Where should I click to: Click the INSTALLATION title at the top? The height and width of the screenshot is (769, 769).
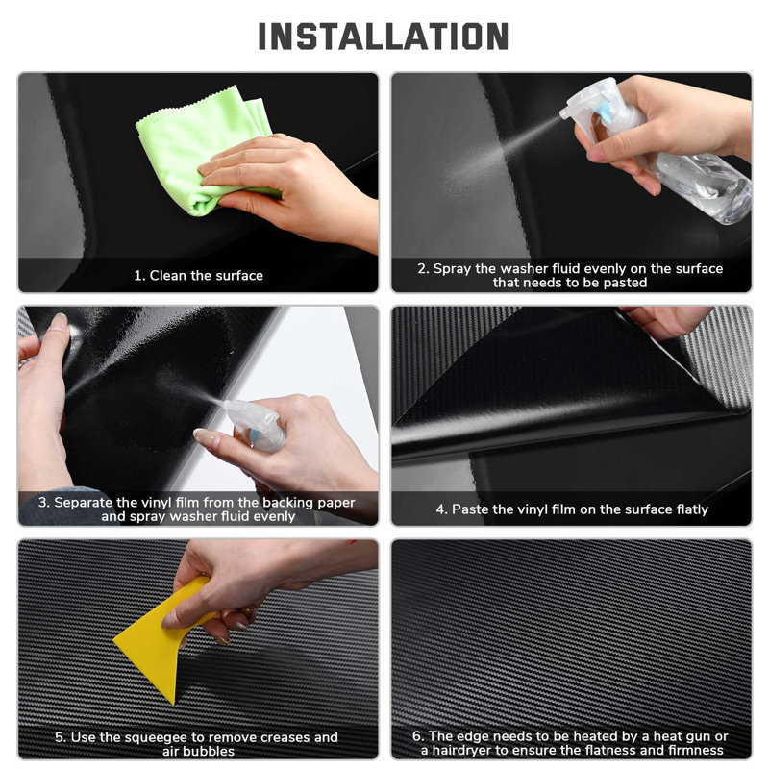(383, 37)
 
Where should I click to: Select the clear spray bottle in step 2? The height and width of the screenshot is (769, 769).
(657, 147)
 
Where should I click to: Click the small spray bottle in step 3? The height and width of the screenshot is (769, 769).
(255, 425)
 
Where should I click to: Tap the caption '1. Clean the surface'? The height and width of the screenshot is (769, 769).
(199, 276)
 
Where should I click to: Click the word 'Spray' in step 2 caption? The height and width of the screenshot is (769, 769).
(452, 269)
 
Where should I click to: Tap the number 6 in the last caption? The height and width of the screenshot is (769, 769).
(417, 736)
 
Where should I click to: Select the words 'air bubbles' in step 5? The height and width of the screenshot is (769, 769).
(199, 752)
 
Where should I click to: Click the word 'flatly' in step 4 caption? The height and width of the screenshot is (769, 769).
(692, 509)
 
